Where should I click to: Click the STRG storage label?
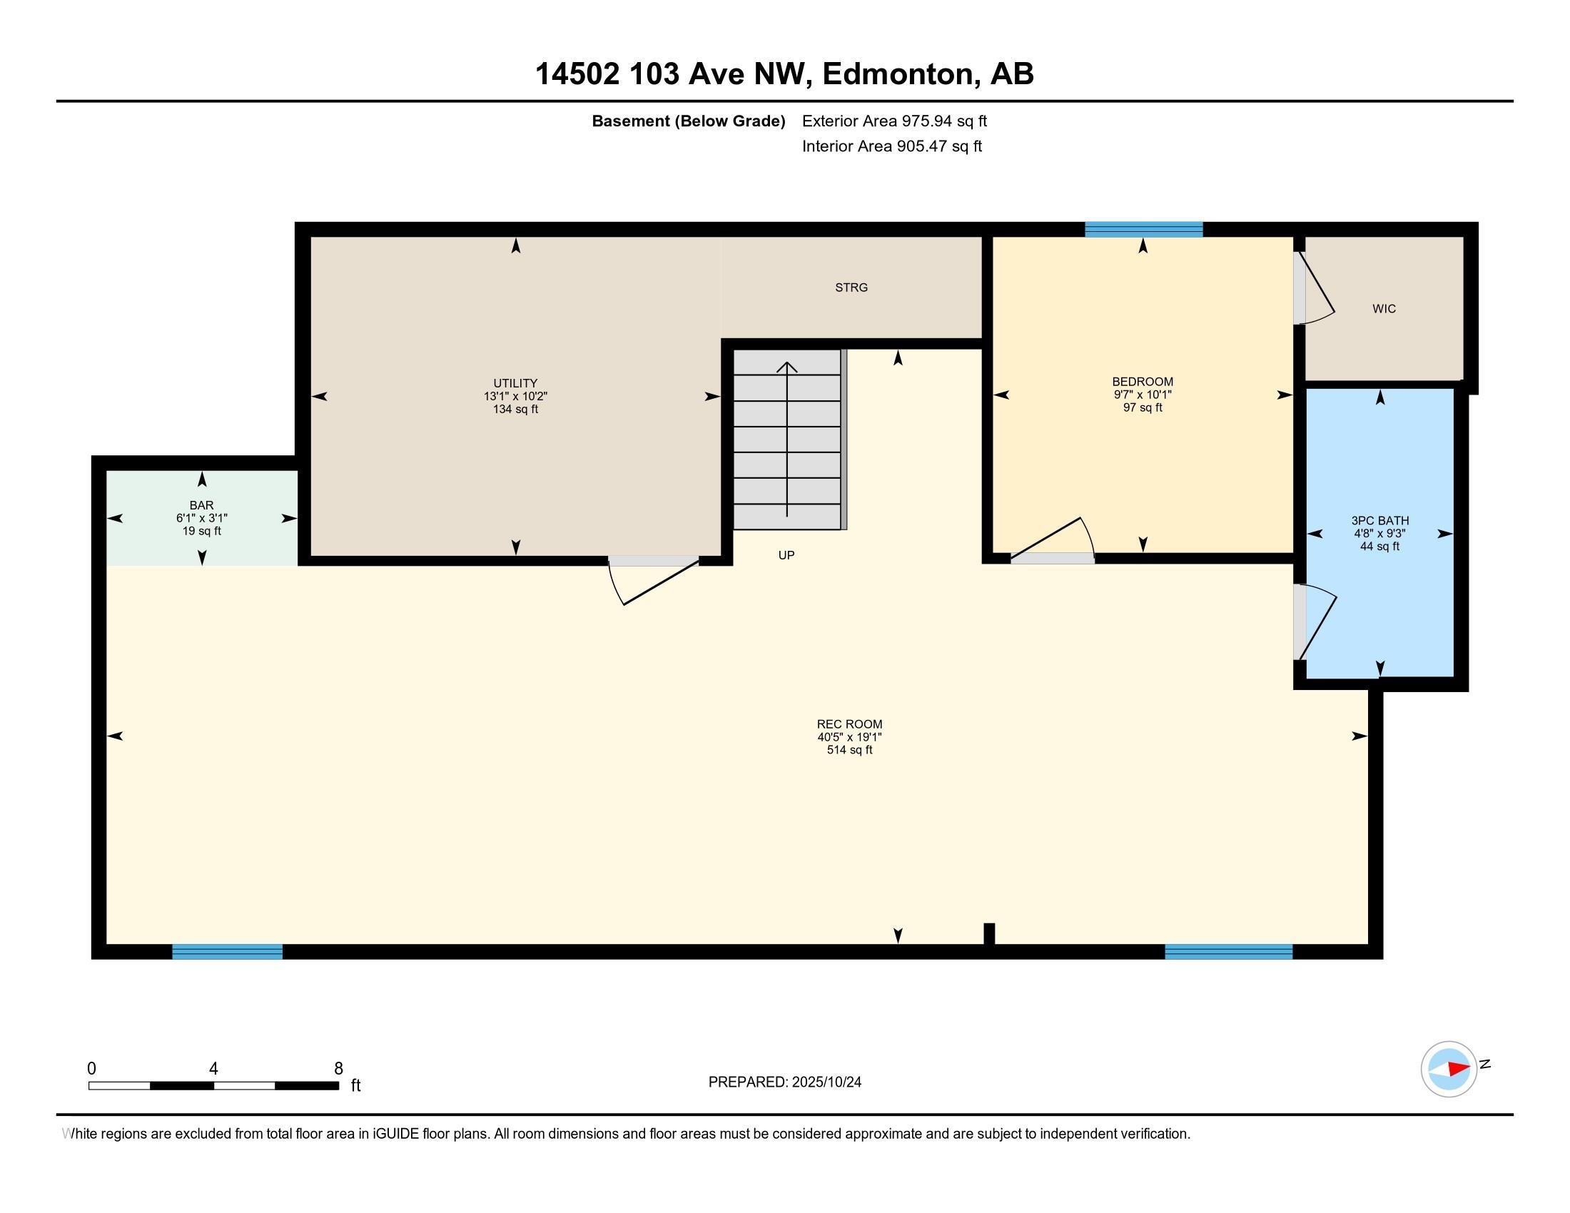click(851, 288)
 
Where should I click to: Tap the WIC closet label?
click(1384, 309)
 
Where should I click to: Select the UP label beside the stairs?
click(786, 555)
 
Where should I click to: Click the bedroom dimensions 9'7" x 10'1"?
click(1143, 395)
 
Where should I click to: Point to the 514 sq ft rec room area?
click(849, 750)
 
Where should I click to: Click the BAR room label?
click(201, 505)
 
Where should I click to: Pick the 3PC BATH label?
click(1379, 520)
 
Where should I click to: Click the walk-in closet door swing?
click(1315, 288)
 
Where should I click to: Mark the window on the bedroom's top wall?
click(1143, 230)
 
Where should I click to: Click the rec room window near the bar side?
click(227, 951)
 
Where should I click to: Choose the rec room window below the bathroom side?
click(1228, 951)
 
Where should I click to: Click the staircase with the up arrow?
click(787, 440)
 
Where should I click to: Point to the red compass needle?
click(1459, 1069)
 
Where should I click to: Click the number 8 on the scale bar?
click(338, 1069)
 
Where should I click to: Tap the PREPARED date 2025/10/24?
click(826, 1082)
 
